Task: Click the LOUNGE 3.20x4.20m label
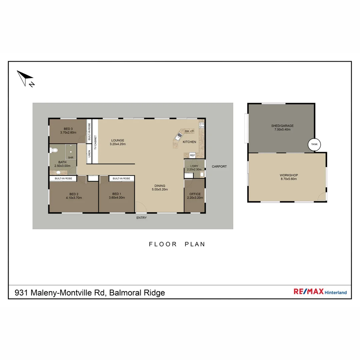(117, 142)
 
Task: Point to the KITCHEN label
(189, 142)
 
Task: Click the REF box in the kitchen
(192, 155)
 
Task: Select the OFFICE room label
(195, 196)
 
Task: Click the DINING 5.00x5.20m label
(160, 188)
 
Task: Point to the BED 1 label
(116, 196)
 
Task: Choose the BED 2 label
(74, 196)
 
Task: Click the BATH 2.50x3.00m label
(62, 164)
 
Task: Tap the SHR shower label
(70, 158)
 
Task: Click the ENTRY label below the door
(141, 218)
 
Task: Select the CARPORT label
(219, 166)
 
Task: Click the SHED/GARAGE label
(282, 128)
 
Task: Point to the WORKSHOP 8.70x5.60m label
(289, 177)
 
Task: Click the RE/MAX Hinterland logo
(320, 292)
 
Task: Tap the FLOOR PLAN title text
(177, 244)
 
